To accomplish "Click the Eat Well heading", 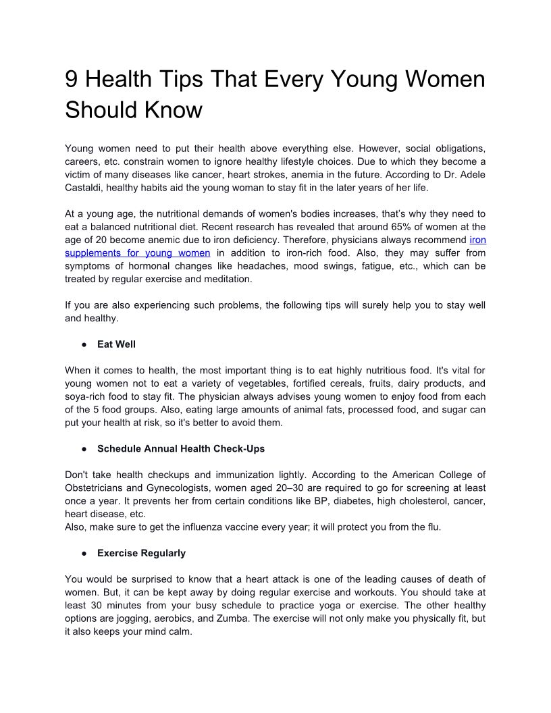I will point(116,344).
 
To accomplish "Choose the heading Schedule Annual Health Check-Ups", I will point(181,449).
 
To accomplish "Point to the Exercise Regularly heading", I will point(141,554).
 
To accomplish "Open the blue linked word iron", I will point(477,240).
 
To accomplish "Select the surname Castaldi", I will point(84,188).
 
